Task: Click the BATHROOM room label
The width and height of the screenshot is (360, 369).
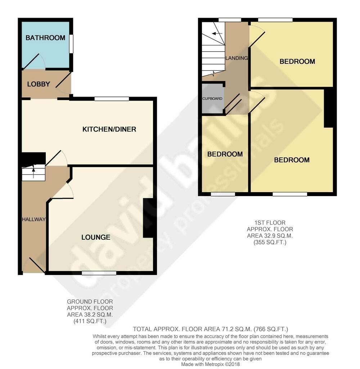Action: pyautogui.click(x=45, y=37)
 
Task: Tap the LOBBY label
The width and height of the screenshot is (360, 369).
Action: pyautogui.click(x=39, y=84)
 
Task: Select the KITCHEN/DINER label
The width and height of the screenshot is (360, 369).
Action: pyautogui.click(x=109, y=129)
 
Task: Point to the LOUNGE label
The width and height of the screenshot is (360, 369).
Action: pyautogui.click(x=96, y=237)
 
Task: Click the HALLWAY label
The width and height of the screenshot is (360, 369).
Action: pyautogui.click(x=33, y=219)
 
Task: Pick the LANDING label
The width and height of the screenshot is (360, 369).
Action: pyautogui.click(x=237, y=58)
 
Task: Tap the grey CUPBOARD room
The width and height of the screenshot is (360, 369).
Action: pyautogui.click(x=212, y=99)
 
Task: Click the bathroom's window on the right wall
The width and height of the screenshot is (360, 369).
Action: pyautogui.click(x=71, y=44)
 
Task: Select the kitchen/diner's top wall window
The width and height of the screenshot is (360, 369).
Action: pyautogui.click(x=112, y=99)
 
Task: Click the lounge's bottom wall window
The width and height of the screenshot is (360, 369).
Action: pyautogui.click(x=99, y=273)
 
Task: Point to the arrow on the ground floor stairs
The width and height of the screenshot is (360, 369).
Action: pyautogui.click(x=33, y=171)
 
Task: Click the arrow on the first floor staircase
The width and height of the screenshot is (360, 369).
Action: pyautogui.click(x=217, y=34)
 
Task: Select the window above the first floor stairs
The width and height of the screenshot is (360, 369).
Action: pyautogui.click(x=230, y=20)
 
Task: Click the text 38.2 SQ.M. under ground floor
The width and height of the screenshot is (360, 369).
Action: pyautogui.click(x=90, y=314)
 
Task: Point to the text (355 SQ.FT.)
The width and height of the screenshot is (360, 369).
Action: pyautogui.click(x=270, y=242)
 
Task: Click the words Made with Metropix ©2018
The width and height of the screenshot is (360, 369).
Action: pyautogui.click(x=211, y=364)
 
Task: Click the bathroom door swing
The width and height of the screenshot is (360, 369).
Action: pyautogui.click(x=34, y=62)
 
